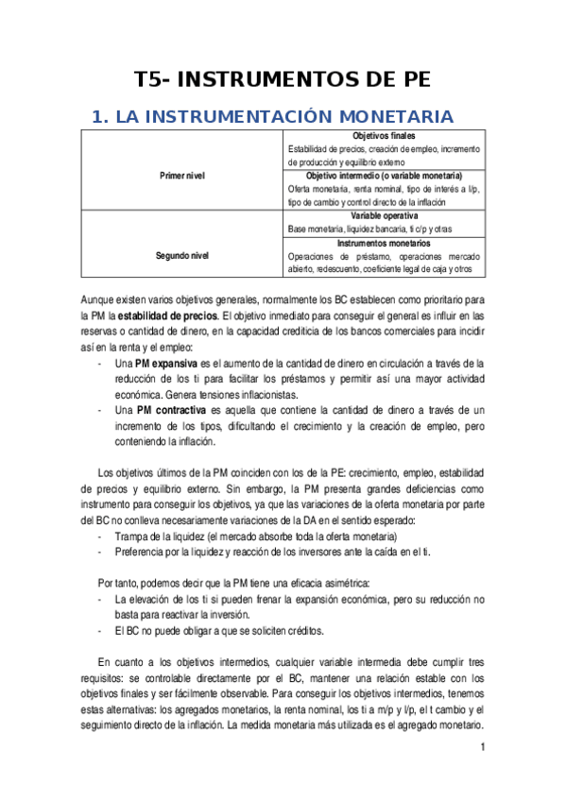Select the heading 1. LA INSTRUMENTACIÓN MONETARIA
click(271, 116)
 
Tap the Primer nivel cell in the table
click(182, 176)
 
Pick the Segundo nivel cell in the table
click(182, 255)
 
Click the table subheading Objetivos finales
click(383, 137)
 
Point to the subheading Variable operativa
click(383, 216)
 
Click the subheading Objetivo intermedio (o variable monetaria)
click(383, 176)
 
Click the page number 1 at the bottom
click(482, 748)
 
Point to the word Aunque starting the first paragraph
click(98, 300)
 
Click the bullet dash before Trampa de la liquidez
click(101, 537)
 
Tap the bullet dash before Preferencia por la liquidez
click(101, 552)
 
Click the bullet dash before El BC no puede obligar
click(101, 630)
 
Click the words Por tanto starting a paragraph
click(119, 584)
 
